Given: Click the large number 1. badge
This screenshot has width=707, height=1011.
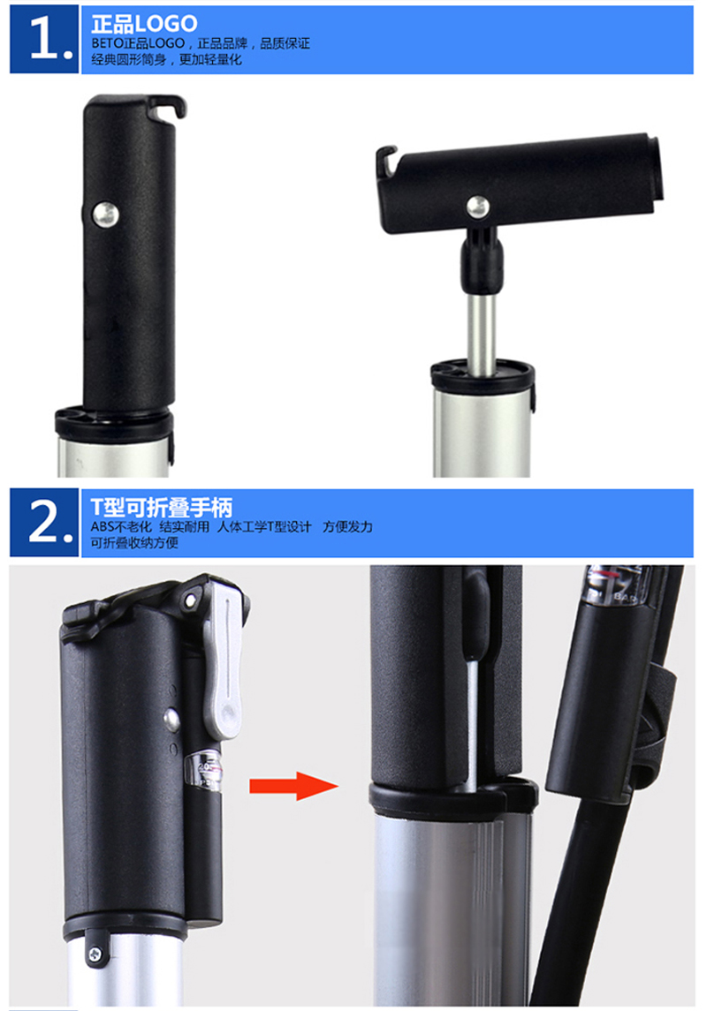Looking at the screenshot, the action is click(44, 39).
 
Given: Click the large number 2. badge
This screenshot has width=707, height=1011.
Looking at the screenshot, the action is click(44, 522).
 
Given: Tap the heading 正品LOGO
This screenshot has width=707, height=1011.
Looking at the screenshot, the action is click(144, 24).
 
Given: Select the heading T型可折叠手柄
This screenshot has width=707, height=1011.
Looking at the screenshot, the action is click(161, 508).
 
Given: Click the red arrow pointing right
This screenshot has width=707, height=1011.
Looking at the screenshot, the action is click(293, 785).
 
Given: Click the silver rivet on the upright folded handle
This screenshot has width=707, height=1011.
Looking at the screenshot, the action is click(104, 215).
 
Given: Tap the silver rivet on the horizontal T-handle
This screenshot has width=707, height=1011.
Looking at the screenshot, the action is click(478, 207).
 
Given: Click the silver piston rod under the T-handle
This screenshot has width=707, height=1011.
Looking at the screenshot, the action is click(482, 334).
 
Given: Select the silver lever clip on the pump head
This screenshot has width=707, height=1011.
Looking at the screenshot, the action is click(225, 658).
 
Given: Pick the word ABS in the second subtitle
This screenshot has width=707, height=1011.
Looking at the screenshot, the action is click(103, 527).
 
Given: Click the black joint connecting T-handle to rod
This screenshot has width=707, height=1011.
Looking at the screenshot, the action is click(481, 260).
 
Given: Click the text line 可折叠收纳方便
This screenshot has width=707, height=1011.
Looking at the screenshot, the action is click(134, 543).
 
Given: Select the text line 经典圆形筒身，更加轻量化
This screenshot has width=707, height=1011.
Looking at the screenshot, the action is click(166, 59).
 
